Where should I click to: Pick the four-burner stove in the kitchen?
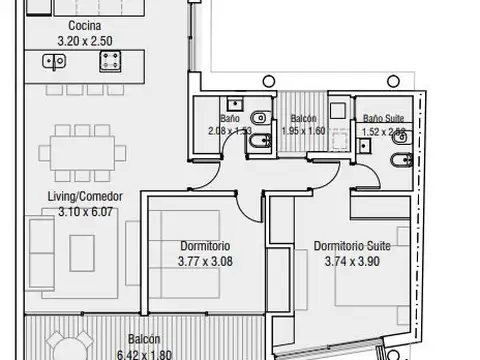click(x=107, y=62)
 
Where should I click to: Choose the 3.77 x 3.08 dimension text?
click(x=208, y=261)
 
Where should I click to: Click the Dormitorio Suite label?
click(x=351, y=246)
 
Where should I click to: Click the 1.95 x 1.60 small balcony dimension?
click(x=303, y=131)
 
